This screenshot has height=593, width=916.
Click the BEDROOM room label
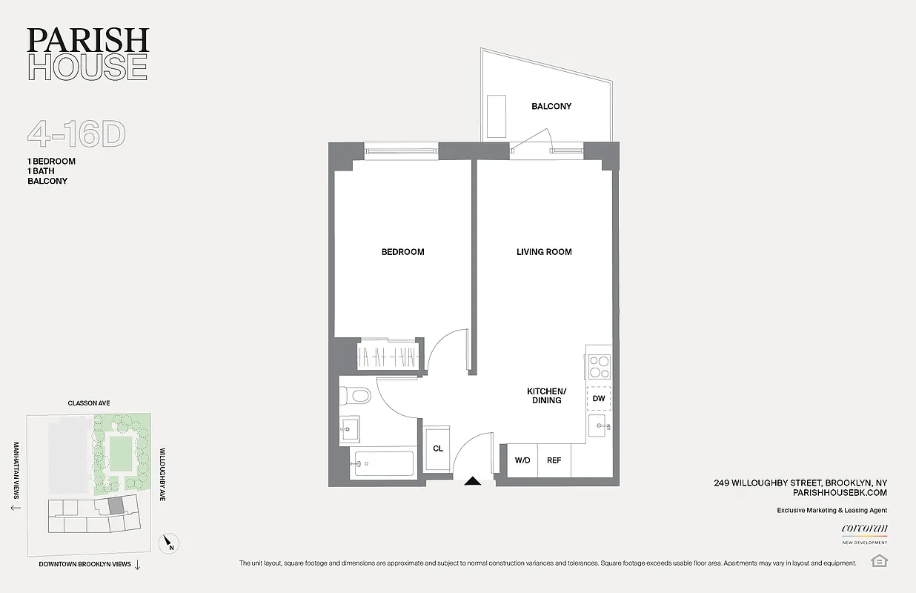[402, 252]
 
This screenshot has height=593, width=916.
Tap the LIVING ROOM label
[544, 252]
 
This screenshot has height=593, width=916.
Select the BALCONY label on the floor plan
[551, 106]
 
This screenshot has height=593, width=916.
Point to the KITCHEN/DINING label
[546, 395]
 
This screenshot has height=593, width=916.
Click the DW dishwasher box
[599, 398]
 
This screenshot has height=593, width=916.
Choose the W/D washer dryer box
[522, 460]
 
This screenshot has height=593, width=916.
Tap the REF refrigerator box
[554, 460]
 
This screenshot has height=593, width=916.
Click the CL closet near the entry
[438, 448]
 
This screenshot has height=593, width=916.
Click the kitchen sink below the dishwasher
[600, 426]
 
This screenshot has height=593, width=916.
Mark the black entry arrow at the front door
[472, 482]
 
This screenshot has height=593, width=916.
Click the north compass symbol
[169, 545]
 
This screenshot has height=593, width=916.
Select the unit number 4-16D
[76, 135]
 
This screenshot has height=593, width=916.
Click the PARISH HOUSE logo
[88, 54]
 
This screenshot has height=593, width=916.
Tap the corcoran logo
[864, 529]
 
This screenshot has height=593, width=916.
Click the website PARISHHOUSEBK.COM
[840, 492]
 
